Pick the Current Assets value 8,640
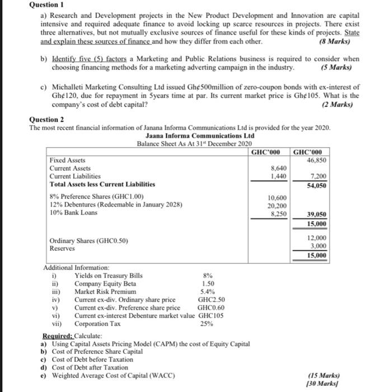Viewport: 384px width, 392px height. (279, 167)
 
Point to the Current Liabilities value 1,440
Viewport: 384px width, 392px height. (279, 175)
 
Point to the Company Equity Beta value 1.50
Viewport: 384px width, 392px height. (207, 284)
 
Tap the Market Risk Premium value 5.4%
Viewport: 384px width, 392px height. (208, 292)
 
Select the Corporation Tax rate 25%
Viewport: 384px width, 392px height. (207, 323)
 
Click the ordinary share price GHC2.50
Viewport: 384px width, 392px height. (211, 300)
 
